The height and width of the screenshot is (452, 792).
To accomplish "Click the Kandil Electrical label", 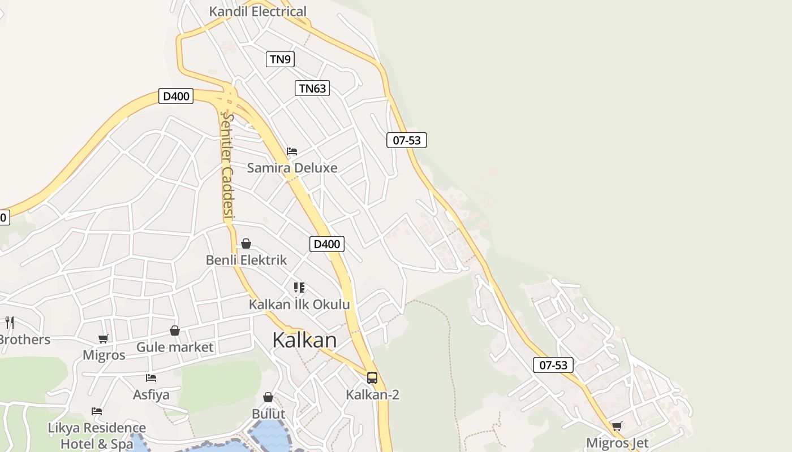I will click(257, 11).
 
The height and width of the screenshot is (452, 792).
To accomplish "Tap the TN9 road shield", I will click(280, 59).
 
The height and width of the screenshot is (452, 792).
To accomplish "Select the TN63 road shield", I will click(312, 88).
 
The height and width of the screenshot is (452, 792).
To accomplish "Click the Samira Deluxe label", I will click(292, 168).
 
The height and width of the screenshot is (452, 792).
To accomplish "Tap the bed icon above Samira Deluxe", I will click(292, 151).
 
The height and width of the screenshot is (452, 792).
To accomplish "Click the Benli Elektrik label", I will click(246, 260).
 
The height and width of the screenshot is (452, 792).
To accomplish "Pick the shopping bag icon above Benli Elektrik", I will click(246, 244).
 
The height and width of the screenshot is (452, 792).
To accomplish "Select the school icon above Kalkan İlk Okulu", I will click(299, 288).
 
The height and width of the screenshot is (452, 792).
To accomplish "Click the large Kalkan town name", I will click(304, 340).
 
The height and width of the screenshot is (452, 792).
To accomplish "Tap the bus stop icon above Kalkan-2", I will click(372, 377).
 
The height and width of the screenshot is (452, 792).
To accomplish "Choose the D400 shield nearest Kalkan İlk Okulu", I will click(327, 244).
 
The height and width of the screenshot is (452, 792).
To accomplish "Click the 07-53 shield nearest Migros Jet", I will click(553, 365).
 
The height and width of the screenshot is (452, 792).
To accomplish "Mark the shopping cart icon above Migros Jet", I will click(617, 427).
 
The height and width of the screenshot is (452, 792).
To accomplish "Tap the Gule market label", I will click(175, 347).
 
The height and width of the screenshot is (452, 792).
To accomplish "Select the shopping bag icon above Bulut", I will click(268, 397).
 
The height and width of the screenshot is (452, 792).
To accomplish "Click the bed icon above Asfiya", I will click(151, 378).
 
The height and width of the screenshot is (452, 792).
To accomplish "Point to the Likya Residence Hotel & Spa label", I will click(97, 436).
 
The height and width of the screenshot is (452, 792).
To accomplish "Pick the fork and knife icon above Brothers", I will click(9, 323).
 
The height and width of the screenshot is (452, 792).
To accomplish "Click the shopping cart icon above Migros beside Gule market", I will click(104, 338).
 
